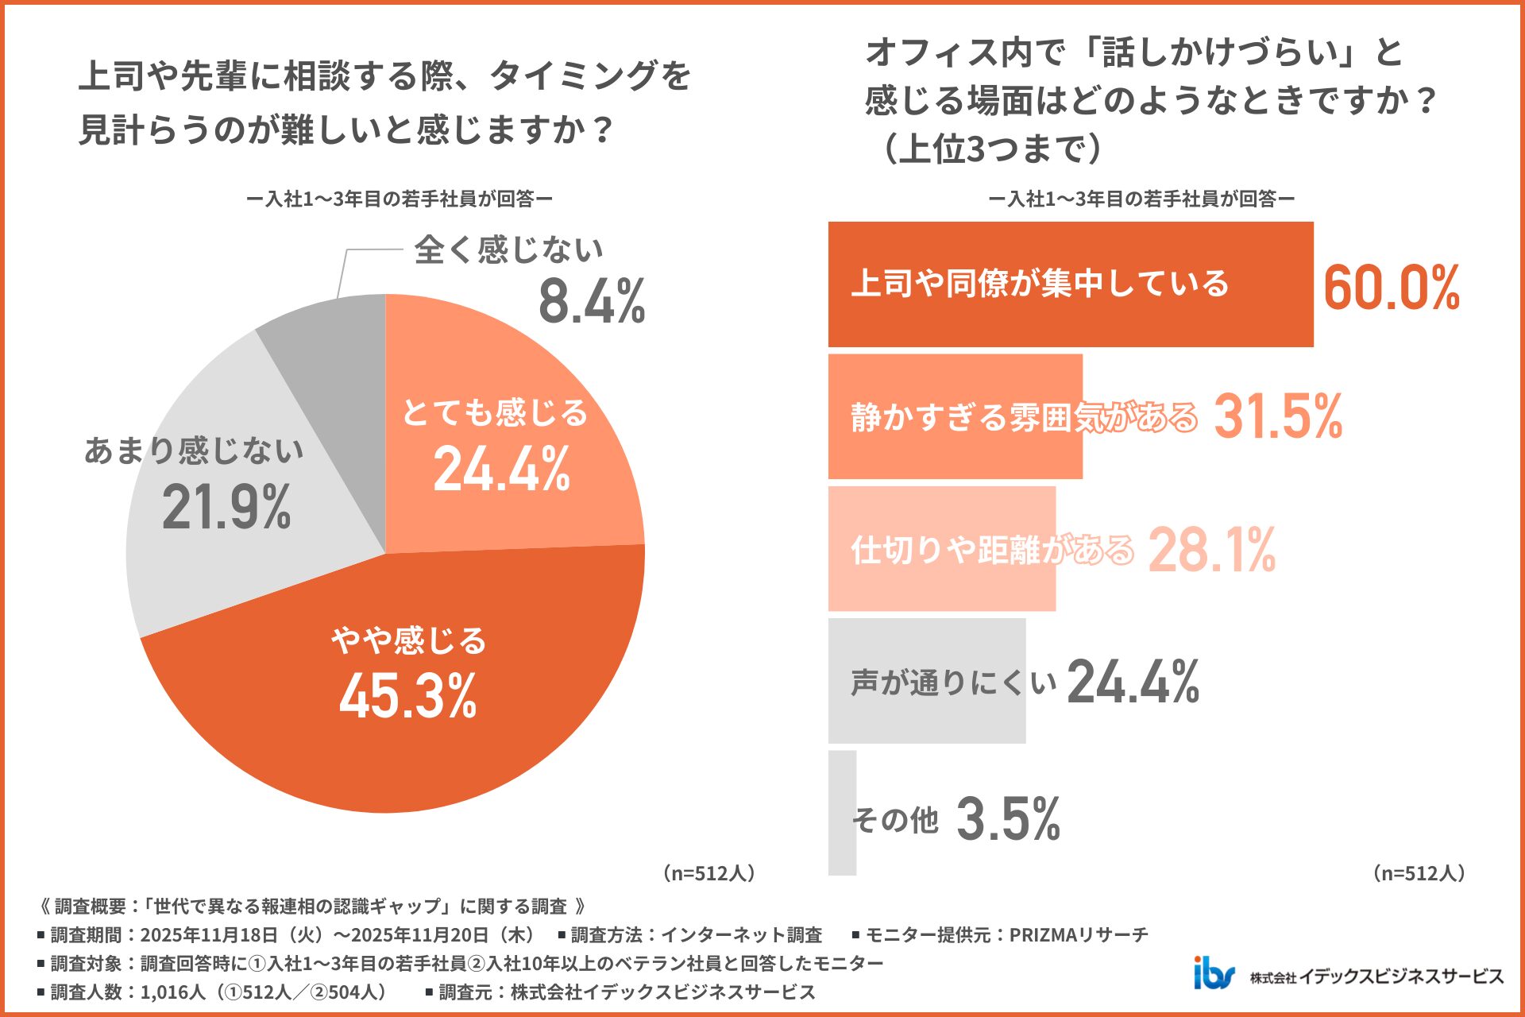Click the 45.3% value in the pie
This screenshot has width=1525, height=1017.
[x=408, y=696]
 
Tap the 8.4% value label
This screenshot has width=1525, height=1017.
[x=592, y=302]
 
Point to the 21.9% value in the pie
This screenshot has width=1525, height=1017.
[x=226, y=507]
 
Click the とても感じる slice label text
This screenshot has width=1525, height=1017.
[x=494, y=413]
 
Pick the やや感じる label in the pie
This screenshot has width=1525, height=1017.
[x=408, y=640]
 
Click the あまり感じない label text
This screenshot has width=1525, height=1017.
[x=194, y=450]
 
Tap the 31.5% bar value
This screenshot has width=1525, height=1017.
[x=1277, y=416]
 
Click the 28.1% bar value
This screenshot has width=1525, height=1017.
[x=1211, y=550]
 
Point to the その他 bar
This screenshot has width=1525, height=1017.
[x=842, y=812]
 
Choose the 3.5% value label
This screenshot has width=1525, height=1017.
[x=1008, y=818]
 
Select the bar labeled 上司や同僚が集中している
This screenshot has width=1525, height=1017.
[x=1070, y=284]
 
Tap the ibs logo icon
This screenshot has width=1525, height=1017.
[x=1213, y=973]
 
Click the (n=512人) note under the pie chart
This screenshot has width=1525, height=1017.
[x=708, y=873]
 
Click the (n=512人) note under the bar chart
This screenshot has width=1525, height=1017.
[x=1419, y=873]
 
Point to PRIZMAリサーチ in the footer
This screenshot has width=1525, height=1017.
[x=1078, y=934]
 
